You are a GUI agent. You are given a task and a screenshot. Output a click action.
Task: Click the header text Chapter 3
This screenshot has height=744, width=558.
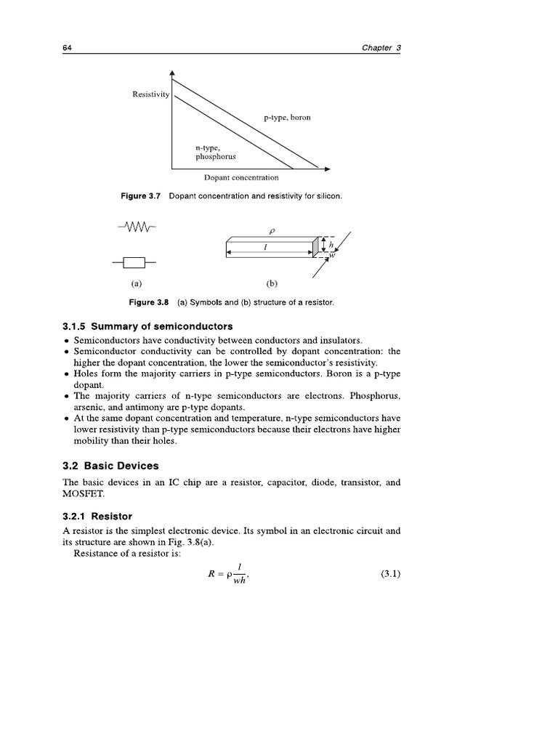point(381,48)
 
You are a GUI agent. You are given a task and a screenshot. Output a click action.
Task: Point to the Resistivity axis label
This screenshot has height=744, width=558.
point(150,94)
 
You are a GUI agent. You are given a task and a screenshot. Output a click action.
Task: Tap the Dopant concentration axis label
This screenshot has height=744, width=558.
point(240,177)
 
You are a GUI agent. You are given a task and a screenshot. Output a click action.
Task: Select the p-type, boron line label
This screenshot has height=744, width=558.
point(287,118)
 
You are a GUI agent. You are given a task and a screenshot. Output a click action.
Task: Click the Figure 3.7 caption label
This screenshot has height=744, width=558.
point(143,196)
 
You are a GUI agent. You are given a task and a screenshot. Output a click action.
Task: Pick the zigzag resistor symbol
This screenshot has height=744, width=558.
point(136,229)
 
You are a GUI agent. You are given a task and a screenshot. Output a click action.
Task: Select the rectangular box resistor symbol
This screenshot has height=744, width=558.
point(135,262)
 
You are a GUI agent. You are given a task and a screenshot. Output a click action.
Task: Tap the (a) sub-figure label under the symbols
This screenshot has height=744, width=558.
point(135,284)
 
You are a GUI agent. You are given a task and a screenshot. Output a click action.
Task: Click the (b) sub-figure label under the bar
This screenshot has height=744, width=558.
point(272,284)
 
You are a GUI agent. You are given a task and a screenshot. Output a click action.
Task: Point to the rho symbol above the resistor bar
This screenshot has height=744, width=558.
point(272,232)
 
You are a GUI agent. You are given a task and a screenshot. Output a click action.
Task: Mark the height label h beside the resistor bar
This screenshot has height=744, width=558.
point(331,246)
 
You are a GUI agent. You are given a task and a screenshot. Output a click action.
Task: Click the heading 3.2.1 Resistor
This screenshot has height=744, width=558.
point(97,517)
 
